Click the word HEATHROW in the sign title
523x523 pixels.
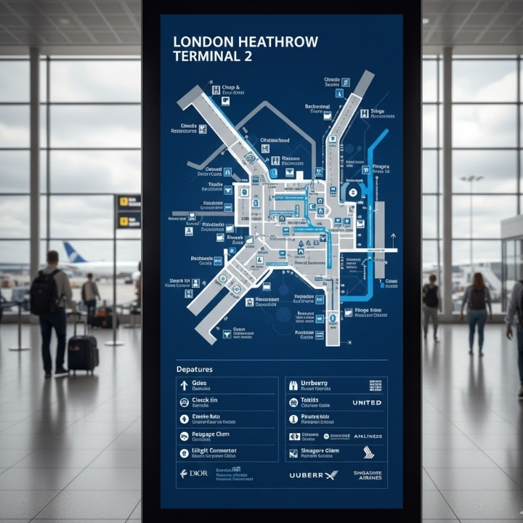pos(277,41)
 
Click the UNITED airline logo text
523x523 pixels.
pos(367,402)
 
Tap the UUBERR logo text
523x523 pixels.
pos(306,475)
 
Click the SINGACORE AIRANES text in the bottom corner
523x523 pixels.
pos(368,474)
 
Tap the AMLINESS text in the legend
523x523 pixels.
pos(368,437)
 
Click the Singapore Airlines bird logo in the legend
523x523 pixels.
pos(369,453)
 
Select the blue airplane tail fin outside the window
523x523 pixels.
pos(73,253)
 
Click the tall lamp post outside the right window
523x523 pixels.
pos(471,218)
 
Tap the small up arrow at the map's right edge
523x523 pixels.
pos(393,238)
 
